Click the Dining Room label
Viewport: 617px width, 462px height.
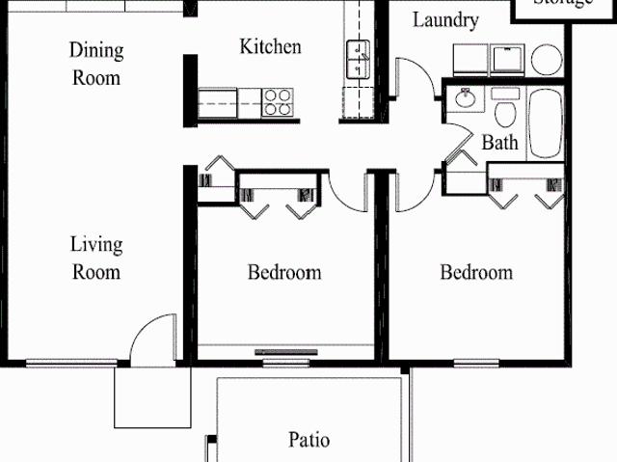(97, 63)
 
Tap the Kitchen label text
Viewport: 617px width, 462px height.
(270, 46)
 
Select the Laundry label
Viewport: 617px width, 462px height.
(444, 19)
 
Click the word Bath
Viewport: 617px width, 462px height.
(499, 144)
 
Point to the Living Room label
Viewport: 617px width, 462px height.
(95, 258)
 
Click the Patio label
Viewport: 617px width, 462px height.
(308, 441)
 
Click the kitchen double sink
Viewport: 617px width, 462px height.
(360, 59)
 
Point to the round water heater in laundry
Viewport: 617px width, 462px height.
(547, 59)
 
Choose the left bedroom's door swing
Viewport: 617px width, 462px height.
(345, 191)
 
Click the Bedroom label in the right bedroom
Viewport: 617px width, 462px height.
(476, 272)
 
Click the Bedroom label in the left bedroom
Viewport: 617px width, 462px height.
(284, 272)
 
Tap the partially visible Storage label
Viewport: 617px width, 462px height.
(563, 4)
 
